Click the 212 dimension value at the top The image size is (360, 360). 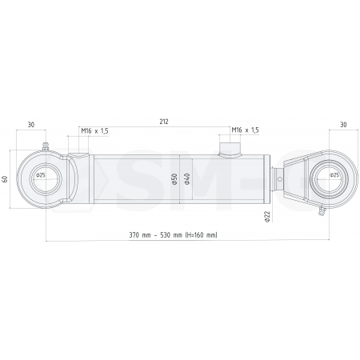tap(163, 122)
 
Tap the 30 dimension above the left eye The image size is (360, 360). tap(30, 125)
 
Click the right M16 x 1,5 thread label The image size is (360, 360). tap(245, 130)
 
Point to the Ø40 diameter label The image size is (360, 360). tap(187, 179)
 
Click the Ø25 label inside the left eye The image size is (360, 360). tap(41, 174)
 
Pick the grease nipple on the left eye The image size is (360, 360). tap(46, 146)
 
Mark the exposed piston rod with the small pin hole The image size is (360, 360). tap(279, 179)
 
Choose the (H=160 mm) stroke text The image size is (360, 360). tap(199, 235)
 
